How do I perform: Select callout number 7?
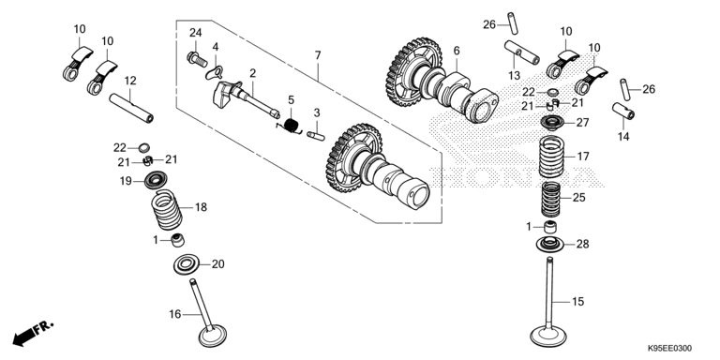[318, 57]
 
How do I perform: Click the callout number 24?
[196, 33]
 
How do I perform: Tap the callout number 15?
[577, 302]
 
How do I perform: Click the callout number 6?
[457, 51]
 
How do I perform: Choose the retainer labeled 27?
[554, 123]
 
